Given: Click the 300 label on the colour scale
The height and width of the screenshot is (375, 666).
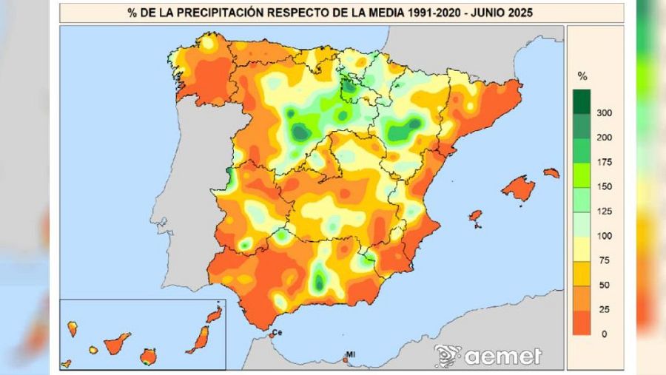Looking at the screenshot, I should pyautogui.click(x=603, y=113).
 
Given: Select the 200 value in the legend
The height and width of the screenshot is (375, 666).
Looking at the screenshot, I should pyautogui.click(x=603, y=138).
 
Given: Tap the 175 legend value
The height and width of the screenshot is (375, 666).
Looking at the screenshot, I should pyautogui.click(x=603, y=162).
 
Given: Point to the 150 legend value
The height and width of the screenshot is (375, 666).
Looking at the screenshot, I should pyautogui.click(x=603, y=186).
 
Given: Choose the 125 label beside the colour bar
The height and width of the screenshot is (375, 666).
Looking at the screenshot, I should pyautogui.click(x=603, y=212).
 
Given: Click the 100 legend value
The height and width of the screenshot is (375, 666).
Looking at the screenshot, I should pyautogui.click(x=603, y=236).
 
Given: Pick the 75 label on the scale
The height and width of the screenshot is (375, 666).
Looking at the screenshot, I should pyautogui.click(x=603, y=260).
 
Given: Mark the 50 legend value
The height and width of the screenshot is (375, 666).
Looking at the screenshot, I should pyautogui.click(x=603, y=285).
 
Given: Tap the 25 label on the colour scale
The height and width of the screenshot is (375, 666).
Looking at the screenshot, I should pyautogui.click(x=603, y=309).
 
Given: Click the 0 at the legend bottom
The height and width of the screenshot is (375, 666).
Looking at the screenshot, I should pyautogui.click(x=603, y=334).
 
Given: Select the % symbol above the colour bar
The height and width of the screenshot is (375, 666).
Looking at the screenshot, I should pyautogui.click(x=582, y=76).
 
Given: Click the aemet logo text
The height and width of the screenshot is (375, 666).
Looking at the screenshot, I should pyautogui.click(x=503, y=356).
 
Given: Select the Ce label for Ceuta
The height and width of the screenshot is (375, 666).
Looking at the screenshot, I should pyautogui.click(x=277, y=334).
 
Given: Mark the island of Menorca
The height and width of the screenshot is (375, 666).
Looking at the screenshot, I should pyautogui.click(x=551, y=172).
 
